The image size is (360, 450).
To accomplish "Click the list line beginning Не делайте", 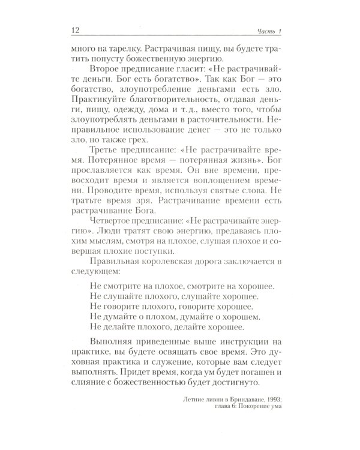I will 166,357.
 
